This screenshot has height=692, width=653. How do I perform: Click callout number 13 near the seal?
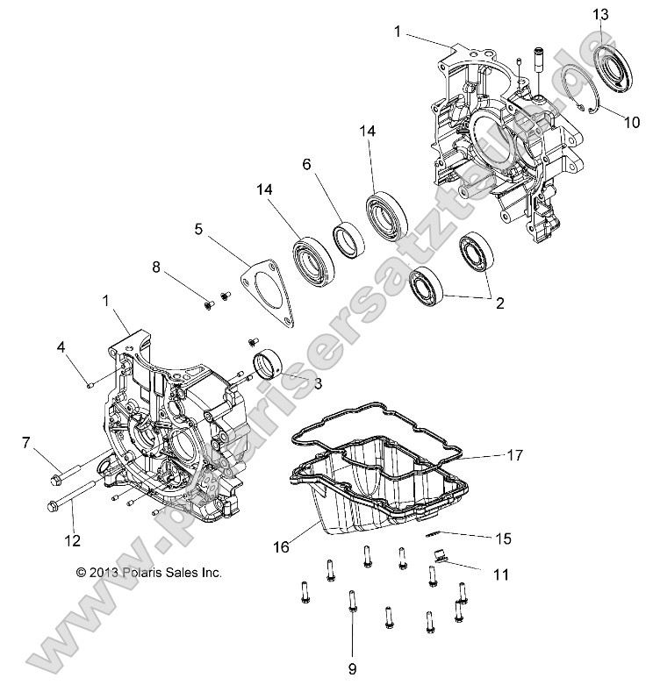point(599,15)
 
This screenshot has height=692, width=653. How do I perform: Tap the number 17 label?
point(514,455)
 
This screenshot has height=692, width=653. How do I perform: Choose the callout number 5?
point(199,230)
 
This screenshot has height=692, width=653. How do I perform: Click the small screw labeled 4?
point(89,383)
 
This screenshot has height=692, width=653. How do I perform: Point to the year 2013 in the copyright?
point(99,572)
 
